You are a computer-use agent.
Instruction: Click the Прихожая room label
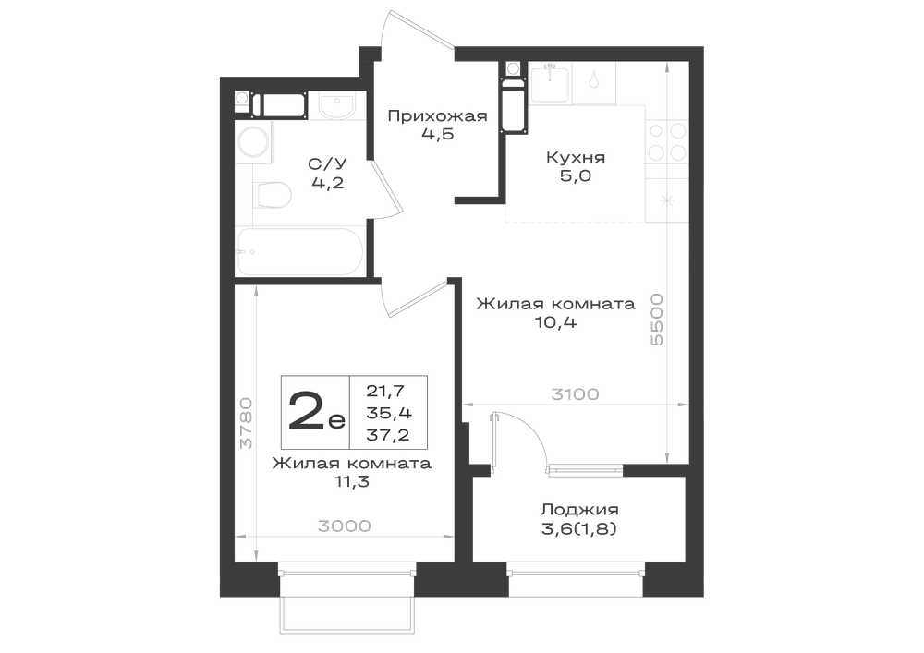[x=437, y=116]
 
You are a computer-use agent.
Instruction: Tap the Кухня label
[x=576, y=158]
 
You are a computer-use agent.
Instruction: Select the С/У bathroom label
[x=328, y=163]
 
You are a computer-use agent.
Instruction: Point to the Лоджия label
[x=580, y=509]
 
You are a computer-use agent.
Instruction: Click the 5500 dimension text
[x=657, y=320]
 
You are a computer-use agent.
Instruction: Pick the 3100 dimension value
[x=575, y=393]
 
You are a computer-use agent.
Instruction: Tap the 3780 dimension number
[x=247, y=423]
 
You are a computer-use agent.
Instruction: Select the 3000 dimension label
[x=345, y=526]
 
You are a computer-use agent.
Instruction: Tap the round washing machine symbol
[x=254, y=141]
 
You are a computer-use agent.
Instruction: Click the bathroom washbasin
[x=337, y=105]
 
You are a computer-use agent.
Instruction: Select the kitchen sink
[x=550, y=84]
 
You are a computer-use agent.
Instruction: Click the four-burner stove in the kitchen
[x=668, y=142]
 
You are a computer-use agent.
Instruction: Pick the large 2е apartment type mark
[x=316, y=412]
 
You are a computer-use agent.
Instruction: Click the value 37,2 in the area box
[x=388, y=435]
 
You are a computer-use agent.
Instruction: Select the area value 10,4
[x=556, y=322]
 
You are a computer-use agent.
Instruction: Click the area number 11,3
[x=352, y=481]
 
